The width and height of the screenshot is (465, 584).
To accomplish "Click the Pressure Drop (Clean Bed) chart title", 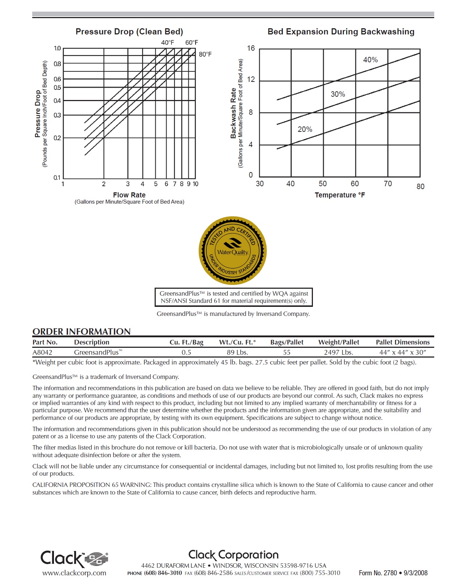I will (x=129, y=32).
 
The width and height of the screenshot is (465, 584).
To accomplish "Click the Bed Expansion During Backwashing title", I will (x=341, y=32).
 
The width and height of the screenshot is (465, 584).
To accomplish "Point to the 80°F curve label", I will (x=205, y=54).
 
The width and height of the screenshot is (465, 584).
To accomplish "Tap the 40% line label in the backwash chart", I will (x=370, y=60).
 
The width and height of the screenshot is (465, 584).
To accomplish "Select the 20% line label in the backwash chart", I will (x=305, y=129).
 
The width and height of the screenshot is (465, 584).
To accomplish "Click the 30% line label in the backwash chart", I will (x=338, y=94).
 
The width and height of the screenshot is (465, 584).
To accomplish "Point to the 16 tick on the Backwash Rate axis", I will (x=251, y=48).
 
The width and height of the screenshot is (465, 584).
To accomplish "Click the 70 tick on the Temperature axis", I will (x=387, y=184).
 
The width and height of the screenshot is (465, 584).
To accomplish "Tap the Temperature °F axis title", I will (x=340, y=195).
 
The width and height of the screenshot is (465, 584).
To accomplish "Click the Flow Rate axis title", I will (x=129, y=195).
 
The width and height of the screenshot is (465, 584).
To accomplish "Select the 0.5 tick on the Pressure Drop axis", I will (x=57, y=88).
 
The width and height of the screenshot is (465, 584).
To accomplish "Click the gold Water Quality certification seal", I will (x=233, y=251).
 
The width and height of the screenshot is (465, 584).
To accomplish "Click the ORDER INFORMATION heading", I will (x=81, y=331).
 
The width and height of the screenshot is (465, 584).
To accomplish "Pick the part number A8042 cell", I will (x=42, y=352).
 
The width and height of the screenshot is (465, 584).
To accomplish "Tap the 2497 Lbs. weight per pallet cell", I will (x=339, y=352).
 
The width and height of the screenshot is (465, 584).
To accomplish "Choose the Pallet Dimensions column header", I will (x=403, y=342).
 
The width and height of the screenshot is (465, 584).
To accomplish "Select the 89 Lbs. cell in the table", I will (x=237, y=352).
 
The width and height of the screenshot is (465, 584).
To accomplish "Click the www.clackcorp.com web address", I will (x=74, y=573).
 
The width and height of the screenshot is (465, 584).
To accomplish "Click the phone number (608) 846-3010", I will (x=163, y=573).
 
